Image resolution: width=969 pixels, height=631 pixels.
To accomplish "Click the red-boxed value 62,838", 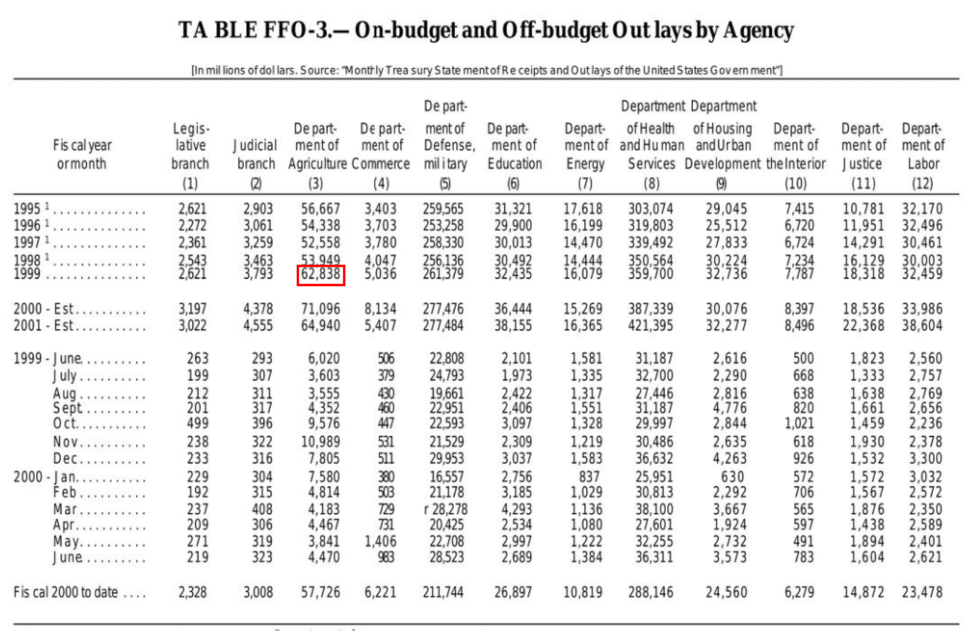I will (x=320, y=275).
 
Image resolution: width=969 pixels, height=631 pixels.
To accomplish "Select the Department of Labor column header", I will (x=922, y=145).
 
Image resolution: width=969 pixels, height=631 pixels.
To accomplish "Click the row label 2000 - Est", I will (x=44, y=309).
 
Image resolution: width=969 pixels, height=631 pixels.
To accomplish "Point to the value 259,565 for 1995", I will (x=443, y=209).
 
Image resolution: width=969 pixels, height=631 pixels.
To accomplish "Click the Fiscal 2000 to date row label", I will (x=65, y=592).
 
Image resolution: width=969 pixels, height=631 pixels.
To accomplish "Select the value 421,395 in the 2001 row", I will (x=651, y=325).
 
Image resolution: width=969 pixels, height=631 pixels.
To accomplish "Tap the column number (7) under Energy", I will (x=585, y=183).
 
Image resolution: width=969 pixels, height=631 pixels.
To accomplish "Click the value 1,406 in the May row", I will (x=381, y=541).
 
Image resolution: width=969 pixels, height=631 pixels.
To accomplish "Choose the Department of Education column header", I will (x=514, y=145).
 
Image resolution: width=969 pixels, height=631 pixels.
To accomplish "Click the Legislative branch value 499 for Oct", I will (x=198, y=423).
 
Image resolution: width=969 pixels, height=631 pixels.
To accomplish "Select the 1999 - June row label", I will (x=48, y=359).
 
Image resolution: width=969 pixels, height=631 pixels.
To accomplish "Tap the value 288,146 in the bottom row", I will (x=651, y=592).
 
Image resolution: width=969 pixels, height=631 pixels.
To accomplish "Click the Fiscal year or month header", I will (x=82, y=154).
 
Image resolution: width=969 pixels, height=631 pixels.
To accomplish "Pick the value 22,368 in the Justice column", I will (x=863, y=325).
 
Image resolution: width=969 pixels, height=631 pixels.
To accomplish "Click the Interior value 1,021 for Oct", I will (x=799, y=423).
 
